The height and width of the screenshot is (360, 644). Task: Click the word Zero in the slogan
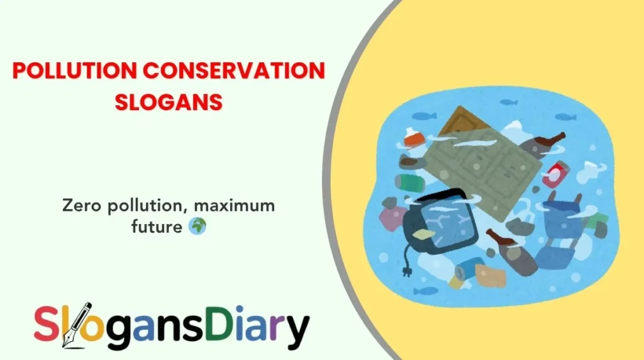point(79,206)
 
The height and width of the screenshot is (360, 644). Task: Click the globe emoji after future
point(197,227)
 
